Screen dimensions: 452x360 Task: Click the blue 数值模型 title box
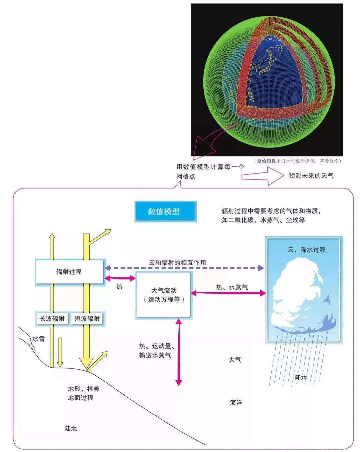[x=165, y=211]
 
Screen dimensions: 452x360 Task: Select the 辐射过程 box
[x=69, y=272]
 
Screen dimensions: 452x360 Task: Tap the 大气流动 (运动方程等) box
[x=163, y=295]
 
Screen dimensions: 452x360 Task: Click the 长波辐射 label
[x=52, y=319]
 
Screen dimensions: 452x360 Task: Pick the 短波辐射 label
[x=87, y=319]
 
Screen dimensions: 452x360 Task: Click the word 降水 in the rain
[x=300, y=377]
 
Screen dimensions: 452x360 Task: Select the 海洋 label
[x=236, y=403]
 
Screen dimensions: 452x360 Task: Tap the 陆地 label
[x=71, y=428]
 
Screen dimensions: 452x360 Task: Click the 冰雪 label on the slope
[x=39, y=339]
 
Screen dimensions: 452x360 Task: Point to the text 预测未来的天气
[x=311, y=176]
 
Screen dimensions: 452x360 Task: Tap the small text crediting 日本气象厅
[x=298, y=161]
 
